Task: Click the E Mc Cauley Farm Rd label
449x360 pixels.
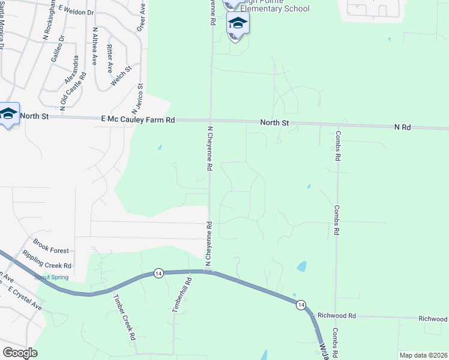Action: (137, 121)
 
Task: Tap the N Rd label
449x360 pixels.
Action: (402, 127)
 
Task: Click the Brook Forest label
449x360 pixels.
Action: (50, 245)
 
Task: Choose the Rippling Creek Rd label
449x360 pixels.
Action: (47, 260)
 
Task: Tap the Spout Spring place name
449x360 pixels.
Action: (51, 277)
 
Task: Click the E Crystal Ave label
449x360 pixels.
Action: (25, 298)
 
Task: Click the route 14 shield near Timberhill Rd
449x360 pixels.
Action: (158, 273)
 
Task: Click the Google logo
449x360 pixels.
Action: (19, 353)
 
